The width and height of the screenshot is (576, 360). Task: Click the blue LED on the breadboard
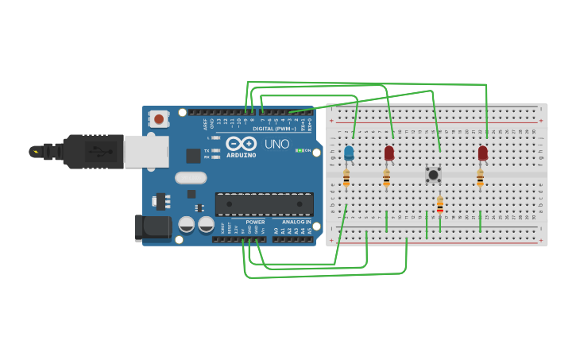[349, 153]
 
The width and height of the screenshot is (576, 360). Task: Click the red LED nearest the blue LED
[389, 153]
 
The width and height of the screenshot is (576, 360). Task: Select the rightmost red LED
[482, 153]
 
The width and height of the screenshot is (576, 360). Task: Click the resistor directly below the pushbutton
[439, 207]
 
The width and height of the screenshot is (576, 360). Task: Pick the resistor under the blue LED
[346, 178]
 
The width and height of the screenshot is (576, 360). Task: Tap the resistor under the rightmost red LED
[480, 178]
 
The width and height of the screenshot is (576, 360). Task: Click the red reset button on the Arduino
[159, 119]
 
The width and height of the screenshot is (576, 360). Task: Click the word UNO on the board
[276, 144]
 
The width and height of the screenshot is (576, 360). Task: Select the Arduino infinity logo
[242, 143]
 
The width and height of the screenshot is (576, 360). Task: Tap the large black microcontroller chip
[264, 204]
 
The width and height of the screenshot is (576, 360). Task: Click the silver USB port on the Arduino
[145, 151]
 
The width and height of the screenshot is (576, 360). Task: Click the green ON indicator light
[299, 150]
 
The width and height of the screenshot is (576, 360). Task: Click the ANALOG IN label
[296, 222]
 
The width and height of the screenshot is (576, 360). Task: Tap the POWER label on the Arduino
[255, 222]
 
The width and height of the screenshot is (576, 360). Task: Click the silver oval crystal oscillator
[191, 178]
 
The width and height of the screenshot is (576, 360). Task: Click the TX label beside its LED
[207, 150]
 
